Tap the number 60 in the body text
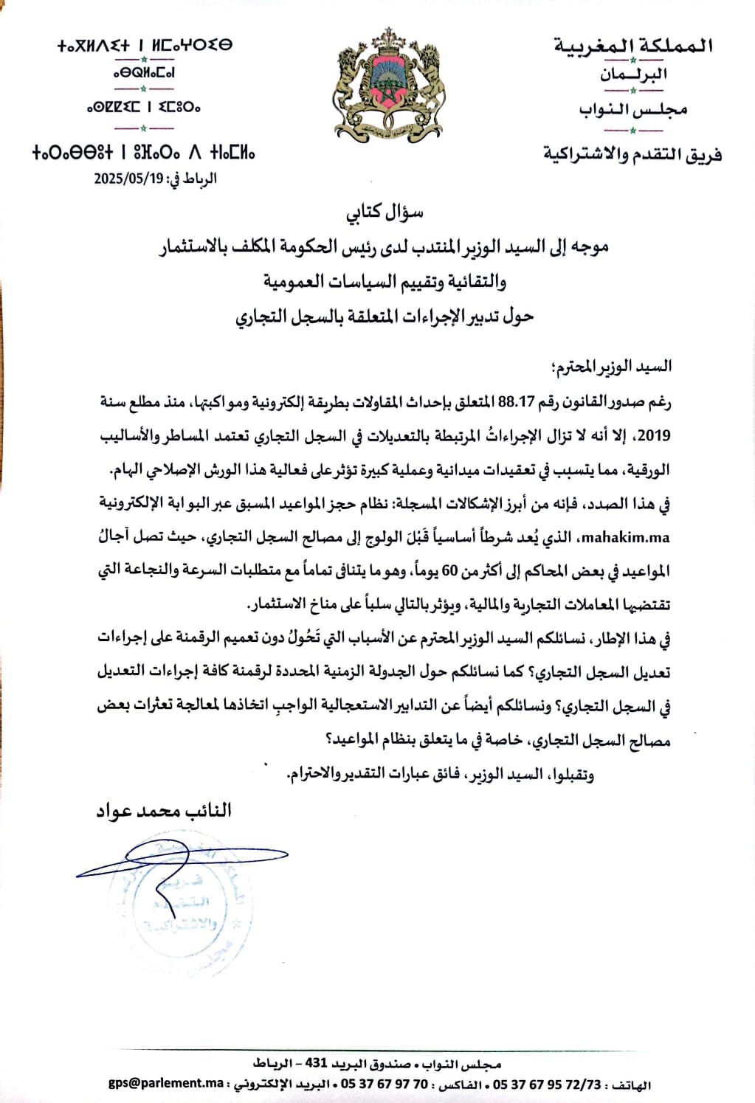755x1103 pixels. (449, 570)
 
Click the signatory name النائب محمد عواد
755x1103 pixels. (164, 810)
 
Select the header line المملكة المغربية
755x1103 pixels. (633, 46)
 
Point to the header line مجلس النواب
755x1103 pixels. (633, 109)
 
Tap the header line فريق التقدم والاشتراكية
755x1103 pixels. (632, 154)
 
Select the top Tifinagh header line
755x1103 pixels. (145, 45)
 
